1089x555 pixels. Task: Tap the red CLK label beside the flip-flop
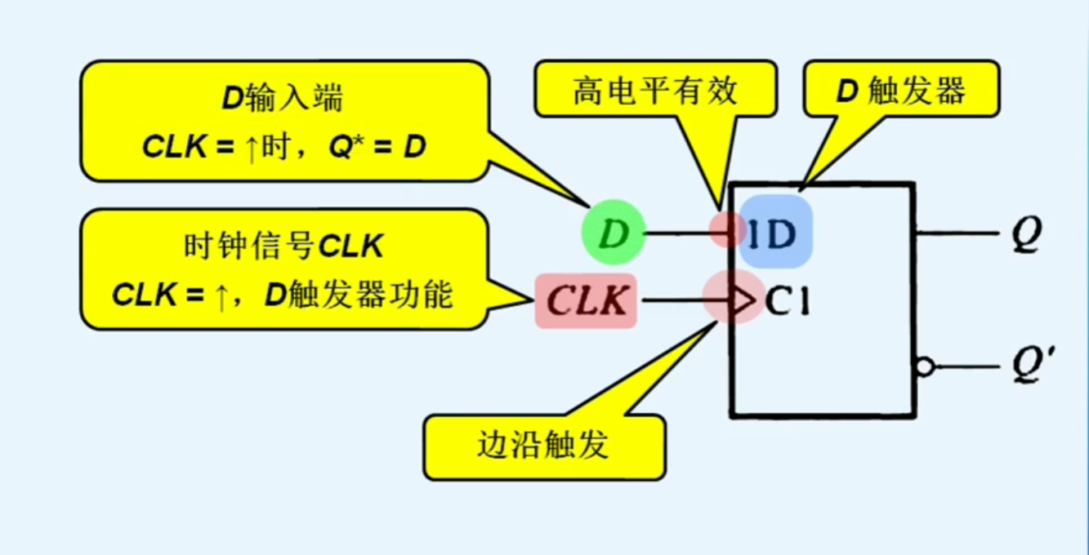(586, 301)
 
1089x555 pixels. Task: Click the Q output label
(1026, 235)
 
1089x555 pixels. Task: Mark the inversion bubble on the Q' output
(924, 367)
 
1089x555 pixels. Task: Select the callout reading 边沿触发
(544, 446)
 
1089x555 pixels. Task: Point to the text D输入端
(283, 99)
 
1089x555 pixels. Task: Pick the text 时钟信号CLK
(283, 245)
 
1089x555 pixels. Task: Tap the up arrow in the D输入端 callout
(251, 150)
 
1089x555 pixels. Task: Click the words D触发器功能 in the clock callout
(358, 295)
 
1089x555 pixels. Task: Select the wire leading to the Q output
(956, 233)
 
